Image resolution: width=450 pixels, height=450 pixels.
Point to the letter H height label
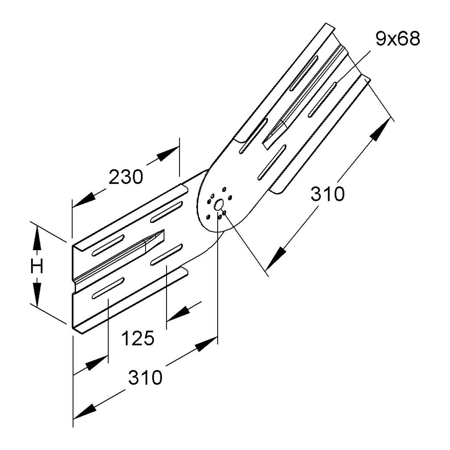tap(37, 267)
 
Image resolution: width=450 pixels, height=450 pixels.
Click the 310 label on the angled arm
tap(327, 194)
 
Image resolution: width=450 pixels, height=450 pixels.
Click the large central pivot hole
tap(219, 204)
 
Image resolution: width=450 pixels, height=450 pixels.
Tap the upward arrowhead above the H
tap(37, 238)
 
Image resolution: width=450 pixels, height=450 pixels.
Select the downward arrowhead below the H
tap(37, 295)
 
